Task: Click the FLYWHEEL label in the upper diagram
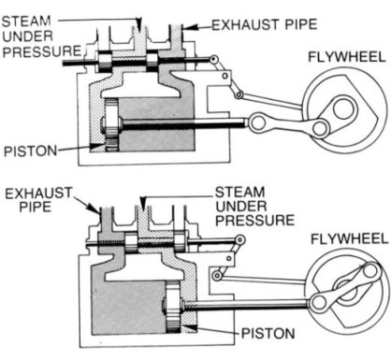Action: [x=347, y=57]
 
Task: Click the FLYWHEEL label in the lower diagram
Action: [x=349, y=239]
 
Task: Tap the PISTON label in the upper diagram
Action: [x=31, y=151]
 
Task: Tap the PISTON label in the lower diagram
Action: [x=268, y=333]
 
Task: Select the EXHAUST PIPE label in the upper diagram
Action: [x=265, y=24]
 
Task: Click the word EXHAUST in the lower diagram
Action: [x=38, y=194]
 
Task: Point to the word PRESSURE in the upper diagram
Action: [x=42, y=51]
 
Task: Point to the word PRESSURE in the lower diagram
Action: [x=255, y=221]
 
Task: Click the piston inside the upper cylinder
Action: [x=111, y=124]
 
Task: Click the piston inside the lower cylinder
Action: [x=173, y=307]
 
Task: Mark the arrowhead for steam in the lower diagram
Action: [x=143, y=203]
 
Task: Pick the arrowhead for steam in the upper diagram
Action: [x=139, y=24]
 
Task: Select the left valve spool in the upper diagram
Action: [x=105, y=61]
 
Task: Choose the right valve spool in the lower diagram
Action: [x=181, y=242]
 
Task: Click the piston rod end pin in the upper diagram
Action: [x=258, y=122]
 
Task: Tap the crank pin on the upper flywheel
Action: [x=320, y=128]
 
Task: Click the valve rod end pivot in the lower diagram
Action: [x=239, y=239]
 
